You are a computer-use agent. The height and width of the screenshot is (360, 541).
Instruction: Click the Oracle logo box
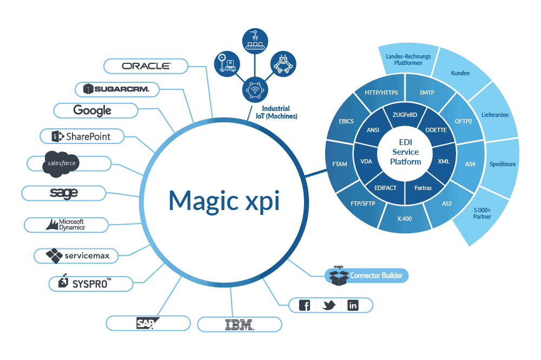click(146, 66)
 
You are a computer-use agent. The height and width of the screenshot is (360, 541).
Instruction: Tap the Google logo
click(95, 110)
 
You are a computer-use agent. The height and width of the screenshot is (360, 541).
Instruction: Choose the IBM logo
click(239, 324)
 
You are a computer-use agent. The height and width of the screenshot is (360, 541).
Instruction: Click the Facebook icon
click(305, 305)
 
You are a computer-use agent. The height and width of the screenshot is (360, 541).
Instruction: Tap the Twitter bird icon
click(329, 305)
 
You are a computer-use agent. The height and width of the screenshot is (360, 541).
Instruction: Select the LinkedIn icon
click(353, 305)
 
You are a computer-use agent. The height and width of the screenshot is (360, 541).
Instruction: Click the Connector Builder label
click(375, 276)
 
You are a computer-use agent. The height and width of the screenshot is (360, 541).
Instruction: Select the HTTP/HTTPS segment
click(381, 93)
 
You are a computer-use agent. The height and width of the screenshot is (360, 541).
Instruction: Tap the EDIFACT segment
click(385, 188)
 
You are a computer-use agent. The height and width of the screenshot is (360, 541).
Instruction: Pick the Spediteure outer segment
click(503, 163)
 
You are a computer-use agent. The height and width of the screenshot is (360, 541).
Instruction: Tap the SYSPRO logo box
click(91, 283)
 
